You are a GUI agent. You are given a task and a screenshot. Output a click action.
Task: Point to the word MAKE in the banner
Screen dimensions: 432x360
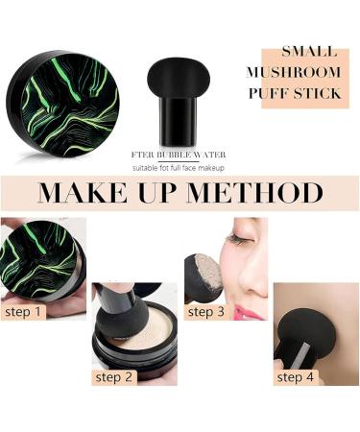pyautogui.click(x=82, y=192)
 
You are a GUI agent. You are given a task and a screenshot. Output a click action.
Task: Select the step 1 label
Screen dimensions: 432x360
pyautogui.click(x=24, y=311)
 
